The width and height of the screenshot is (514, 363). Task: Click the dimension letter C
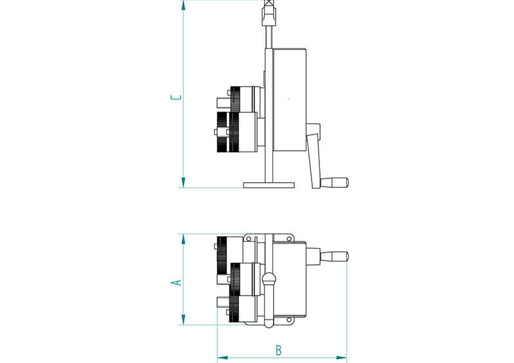tap(176, 97)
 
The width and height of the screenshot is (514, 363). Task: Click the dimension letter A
tap(177, 282)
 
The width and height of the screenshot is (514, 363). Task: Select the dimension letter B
tap(278, 350)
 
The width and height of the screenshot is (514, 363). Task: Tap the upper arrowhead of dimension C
tap(183, 5)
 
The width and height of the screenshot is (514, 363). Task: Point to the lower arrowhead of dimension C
tap(183, 182)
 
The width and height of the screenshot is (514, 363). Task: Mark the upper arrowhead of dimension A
tap(183, 239)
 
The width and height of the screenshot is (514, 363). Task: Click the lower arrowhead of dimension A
tap(183, 320)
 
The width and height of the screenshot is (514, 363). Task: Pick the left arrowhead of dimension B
tap(222, 358)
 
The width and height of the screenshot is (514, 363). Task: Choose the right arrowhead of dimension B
tap(341, 358)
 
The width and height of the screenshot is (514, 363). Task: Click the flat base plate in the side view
tap(269, 185)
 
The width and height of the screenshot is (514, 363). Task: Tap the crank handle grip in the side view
tap(334, 182)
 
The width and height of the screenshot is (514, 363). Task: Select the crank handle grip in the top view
tap(334, 257)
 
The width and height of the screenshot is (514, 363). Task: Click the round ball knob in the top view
tap(269, 278)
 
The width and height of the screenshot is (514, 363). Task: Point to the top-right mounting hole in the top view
tap(289, 239)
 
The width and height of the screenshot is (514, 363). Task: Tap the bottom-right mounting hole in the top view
tap(289, 319)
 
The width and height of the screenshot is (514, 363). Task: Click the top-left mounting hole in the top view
tap(249, 239)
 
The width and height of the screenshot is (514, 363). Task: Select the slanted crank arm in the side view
tap(314, 161)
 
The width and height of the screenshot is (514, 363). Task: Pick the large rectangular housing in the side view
tap(290, 100)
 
